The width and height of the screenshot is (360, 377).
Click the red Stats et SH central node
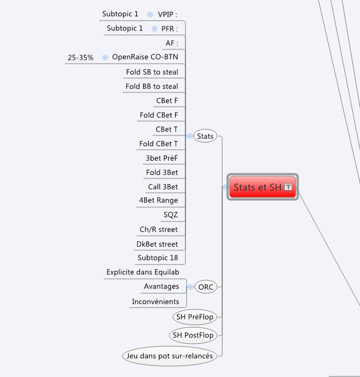[262, 187]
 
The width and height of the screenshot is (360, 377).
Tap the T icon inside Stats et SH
[288, 187]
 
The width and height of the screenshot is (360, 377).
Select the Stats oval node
[205, 136]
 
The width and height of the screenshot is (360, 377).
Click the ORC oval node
[206, 287]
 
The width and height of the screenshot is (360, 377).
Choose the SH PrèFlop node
[195, 317]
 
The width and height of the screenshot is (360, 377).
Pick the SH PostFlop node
[193, 335]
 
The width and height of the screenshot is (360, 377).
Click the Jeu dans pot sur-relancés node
[169, 356]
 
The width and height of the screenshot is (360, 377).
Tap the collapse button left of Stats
[189, 136]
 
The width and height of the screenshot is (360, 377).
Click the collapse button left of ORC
[191, 287]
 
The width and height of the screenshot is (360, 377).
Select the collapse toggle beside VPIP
[150, 14]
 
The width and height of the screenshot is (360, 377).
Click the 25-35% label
[80, 58]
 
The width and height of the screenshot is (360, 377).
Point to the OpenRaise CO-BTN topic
[145, 57]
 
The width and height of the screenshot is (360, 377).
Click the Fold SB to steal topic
[152, 72]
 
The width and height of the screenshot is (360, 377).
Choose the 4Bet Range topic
[158, 200]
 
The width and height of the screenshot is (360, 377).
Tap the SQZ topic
[171, 215]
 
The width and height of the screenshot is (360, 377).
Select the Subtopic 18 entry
[158, 258]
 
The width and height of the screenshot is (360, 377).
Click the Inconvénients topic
[156, 301]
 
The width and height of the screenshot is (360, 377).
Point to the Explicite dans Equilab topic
[143, 272]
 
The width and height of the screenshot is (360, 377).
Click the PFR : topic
[169, 29]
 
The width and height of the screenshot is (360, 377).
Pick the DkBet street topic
[157, 244]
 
